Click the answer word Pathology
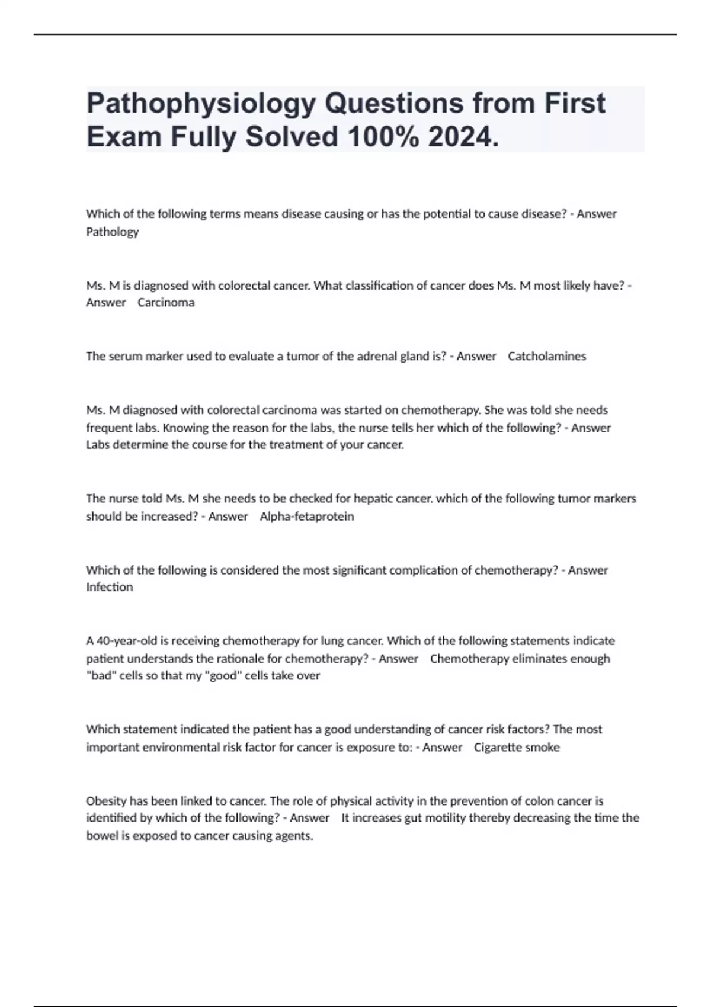[113, 232]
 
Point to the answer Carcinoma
[166, 302]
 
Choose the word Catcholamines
[547, 356]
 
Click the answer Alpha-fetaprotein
[307, 516]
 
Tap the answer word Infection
[110, 587]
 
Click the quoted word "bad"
[101, 675]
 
